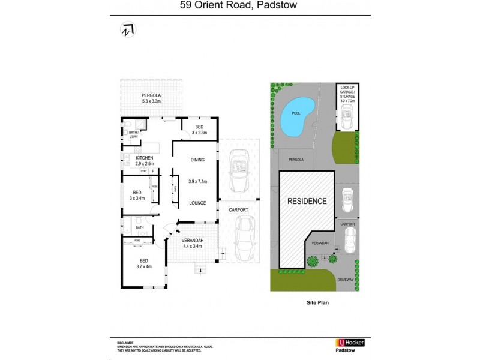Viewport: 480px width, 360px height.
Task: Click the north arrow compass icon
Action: tap(127, 29)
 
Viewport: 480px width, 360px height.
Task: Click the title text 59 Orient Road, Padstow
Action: tap(239, 7)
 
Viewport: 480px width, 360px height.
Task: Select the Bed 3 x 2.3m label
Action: tap(198, 130)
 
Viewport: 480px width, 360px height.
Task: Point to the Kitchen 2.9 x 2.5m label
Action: tap(144, 161)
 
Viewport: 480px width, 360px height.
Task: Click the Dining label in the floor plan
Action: tap(197, 160)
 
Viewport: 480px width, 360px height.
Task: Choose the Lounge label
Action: tap(197, 203)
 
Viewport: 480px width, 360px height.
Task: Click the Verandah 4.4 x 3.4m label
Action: tap(193, 243)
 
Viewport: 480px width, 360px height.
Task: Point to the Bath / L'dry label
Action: tap(134, 135)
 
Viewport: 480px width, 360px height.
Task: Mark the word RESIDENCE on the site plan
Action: tap(307, 201)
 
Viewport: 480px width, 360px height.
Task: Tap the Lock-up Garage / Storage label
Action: tap(347, 95)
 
